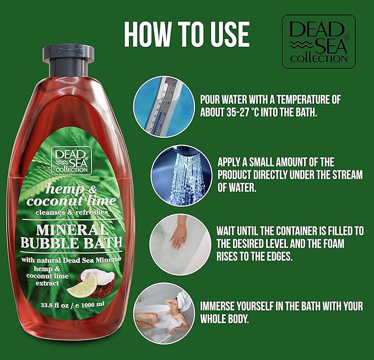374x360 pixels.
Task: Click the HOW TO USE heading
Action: (x=187, y=34)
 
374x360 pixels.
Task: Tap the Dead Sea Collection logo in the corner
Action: (x=319, y=41)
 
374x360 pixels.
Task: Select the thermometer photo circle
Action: (x=164, y=106)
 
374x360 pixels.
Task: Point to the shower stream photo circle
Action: (x=181, y=176)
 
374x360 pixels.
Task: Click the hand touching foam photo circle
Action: (x=180, y=245)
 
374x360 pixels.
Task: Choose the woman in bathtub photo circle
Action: (x=164, y=314)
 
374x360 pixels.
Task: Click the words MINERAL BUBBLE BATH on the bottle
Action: (x=72, y=237)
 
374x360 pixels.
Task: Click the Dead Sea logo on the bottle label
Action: (x=71, y=161)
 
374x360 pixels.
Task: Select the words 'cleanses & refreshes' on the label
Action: (x=72, y=212)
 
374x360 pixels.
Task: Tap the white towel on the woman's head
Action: (x=184, y=300)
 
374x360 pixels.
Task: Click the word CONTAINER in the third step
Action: (x=295, y=231)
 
